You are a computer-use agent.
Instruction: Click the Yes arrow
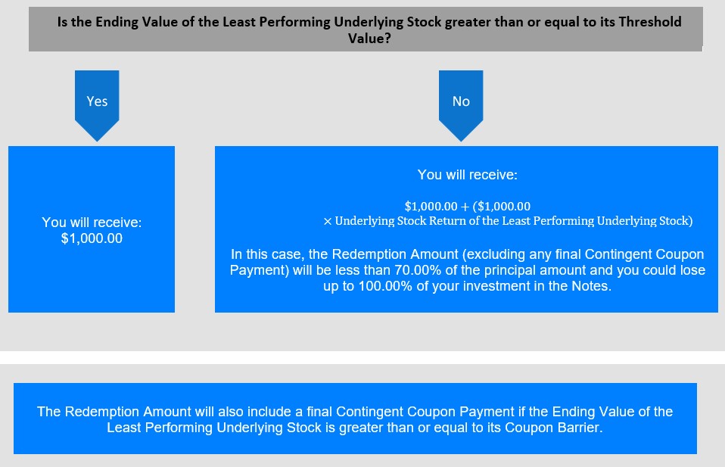pyautogui.click(x=97, y=105)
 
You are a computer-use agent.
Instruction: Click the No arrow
pyautogui.click(x=461, y=105)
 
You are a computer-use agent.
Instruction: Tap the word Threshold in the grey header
pyautogui.click(x=650, y=22)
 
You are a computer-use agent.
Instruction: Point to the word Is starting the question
pyautogui.click(x=62, y=22)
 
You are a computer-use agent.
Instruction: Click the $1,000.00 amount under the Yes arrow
pyautogui.click(x=92, y=238)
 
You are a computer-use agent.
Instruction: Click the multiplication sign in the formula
pyautogui.click(x=328, y=222)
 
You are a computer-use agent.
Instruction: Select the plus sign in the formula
pyautogui.click(x=465, y=207)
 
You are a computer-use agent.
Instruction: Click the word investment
pyautogui.click(x=496, y=286)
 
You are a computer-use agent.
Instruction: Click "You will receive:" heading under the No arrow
pyautogui.click(x=468, y=175)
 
